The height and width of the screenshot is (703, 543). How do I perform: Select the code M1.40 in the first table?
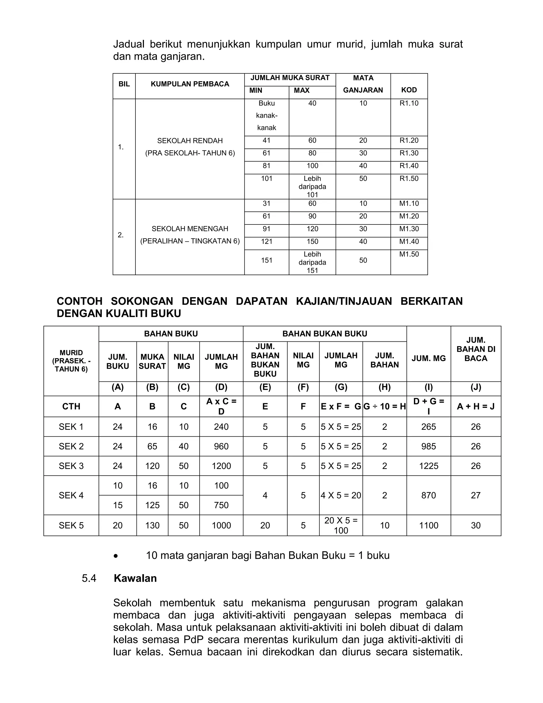tap(409, 241)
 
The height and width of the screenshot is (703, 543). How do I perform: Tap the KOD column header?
tap(409, 90)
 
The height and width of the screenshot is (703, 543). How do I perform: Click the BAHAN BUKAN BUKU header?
tap(324, 333)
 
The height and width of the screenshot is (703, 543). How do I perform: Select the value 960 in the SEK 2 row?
tap(221, 446)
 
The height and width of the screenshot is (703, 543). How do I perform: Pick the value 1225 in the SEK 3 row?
tap(428, 466)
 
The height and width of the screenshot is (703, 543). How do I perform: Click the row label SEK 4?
tap(71, 495)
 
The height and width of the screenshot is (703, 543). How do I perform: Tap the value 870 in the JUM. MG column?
tap(428, 495)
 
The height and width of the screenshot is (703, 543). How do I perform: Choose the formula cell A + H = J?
tap(475, 406)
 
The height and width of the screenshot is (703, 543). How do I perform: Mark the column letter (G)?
tap(341, 387)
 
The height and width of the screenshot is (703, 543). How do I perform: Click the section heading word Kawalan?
tap(135, 578)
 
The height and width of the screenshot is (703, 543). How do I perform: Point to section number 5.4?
tap(89, 578)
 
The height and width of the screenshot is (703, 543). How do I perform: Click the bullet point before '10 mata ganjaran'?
tap(116, 556)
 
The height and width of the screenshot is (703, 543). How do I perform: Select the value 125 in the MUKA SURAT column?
tap(152, 505)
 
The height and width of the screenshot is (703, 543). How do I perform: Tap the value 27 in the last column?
tap(475, 495)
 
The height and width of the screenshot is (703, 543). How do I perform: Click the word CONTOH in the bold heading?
tap(80, 301)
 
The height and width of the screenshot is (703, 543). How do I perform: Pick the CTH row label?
tap(71, 406)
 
